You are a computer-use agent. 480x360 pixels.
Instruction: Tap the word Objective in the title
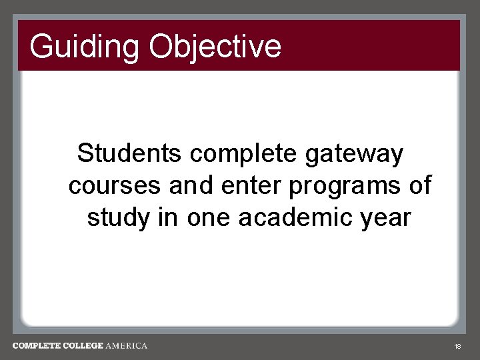215,47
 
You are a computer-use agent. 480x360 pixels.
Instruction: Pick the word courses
115,186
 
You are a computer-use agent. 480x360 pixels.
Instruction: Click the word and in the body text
189,185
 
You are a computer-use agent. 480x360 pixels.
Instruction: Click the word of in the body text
420,185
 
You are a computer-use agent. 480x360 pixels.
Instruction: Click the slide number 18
457,347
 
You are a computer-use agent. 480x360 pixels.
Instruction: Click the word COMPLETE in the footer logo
37,346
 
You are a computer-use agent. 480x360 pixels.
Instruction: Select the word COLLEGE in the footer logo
84,346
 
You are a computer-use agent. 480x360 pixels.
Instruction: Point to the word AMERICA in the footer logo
127,346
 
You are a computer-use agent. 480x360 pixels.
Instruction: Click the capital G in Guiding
41,47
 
